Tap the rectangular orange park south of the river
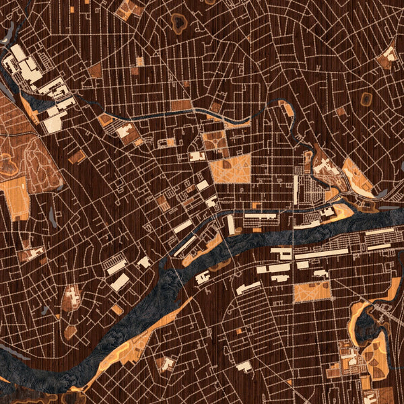[312, 292]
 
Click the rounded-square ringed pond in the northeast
[366, 100]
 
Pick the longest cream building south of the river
[321, 255]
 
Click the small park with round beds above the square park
[215, 139]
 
